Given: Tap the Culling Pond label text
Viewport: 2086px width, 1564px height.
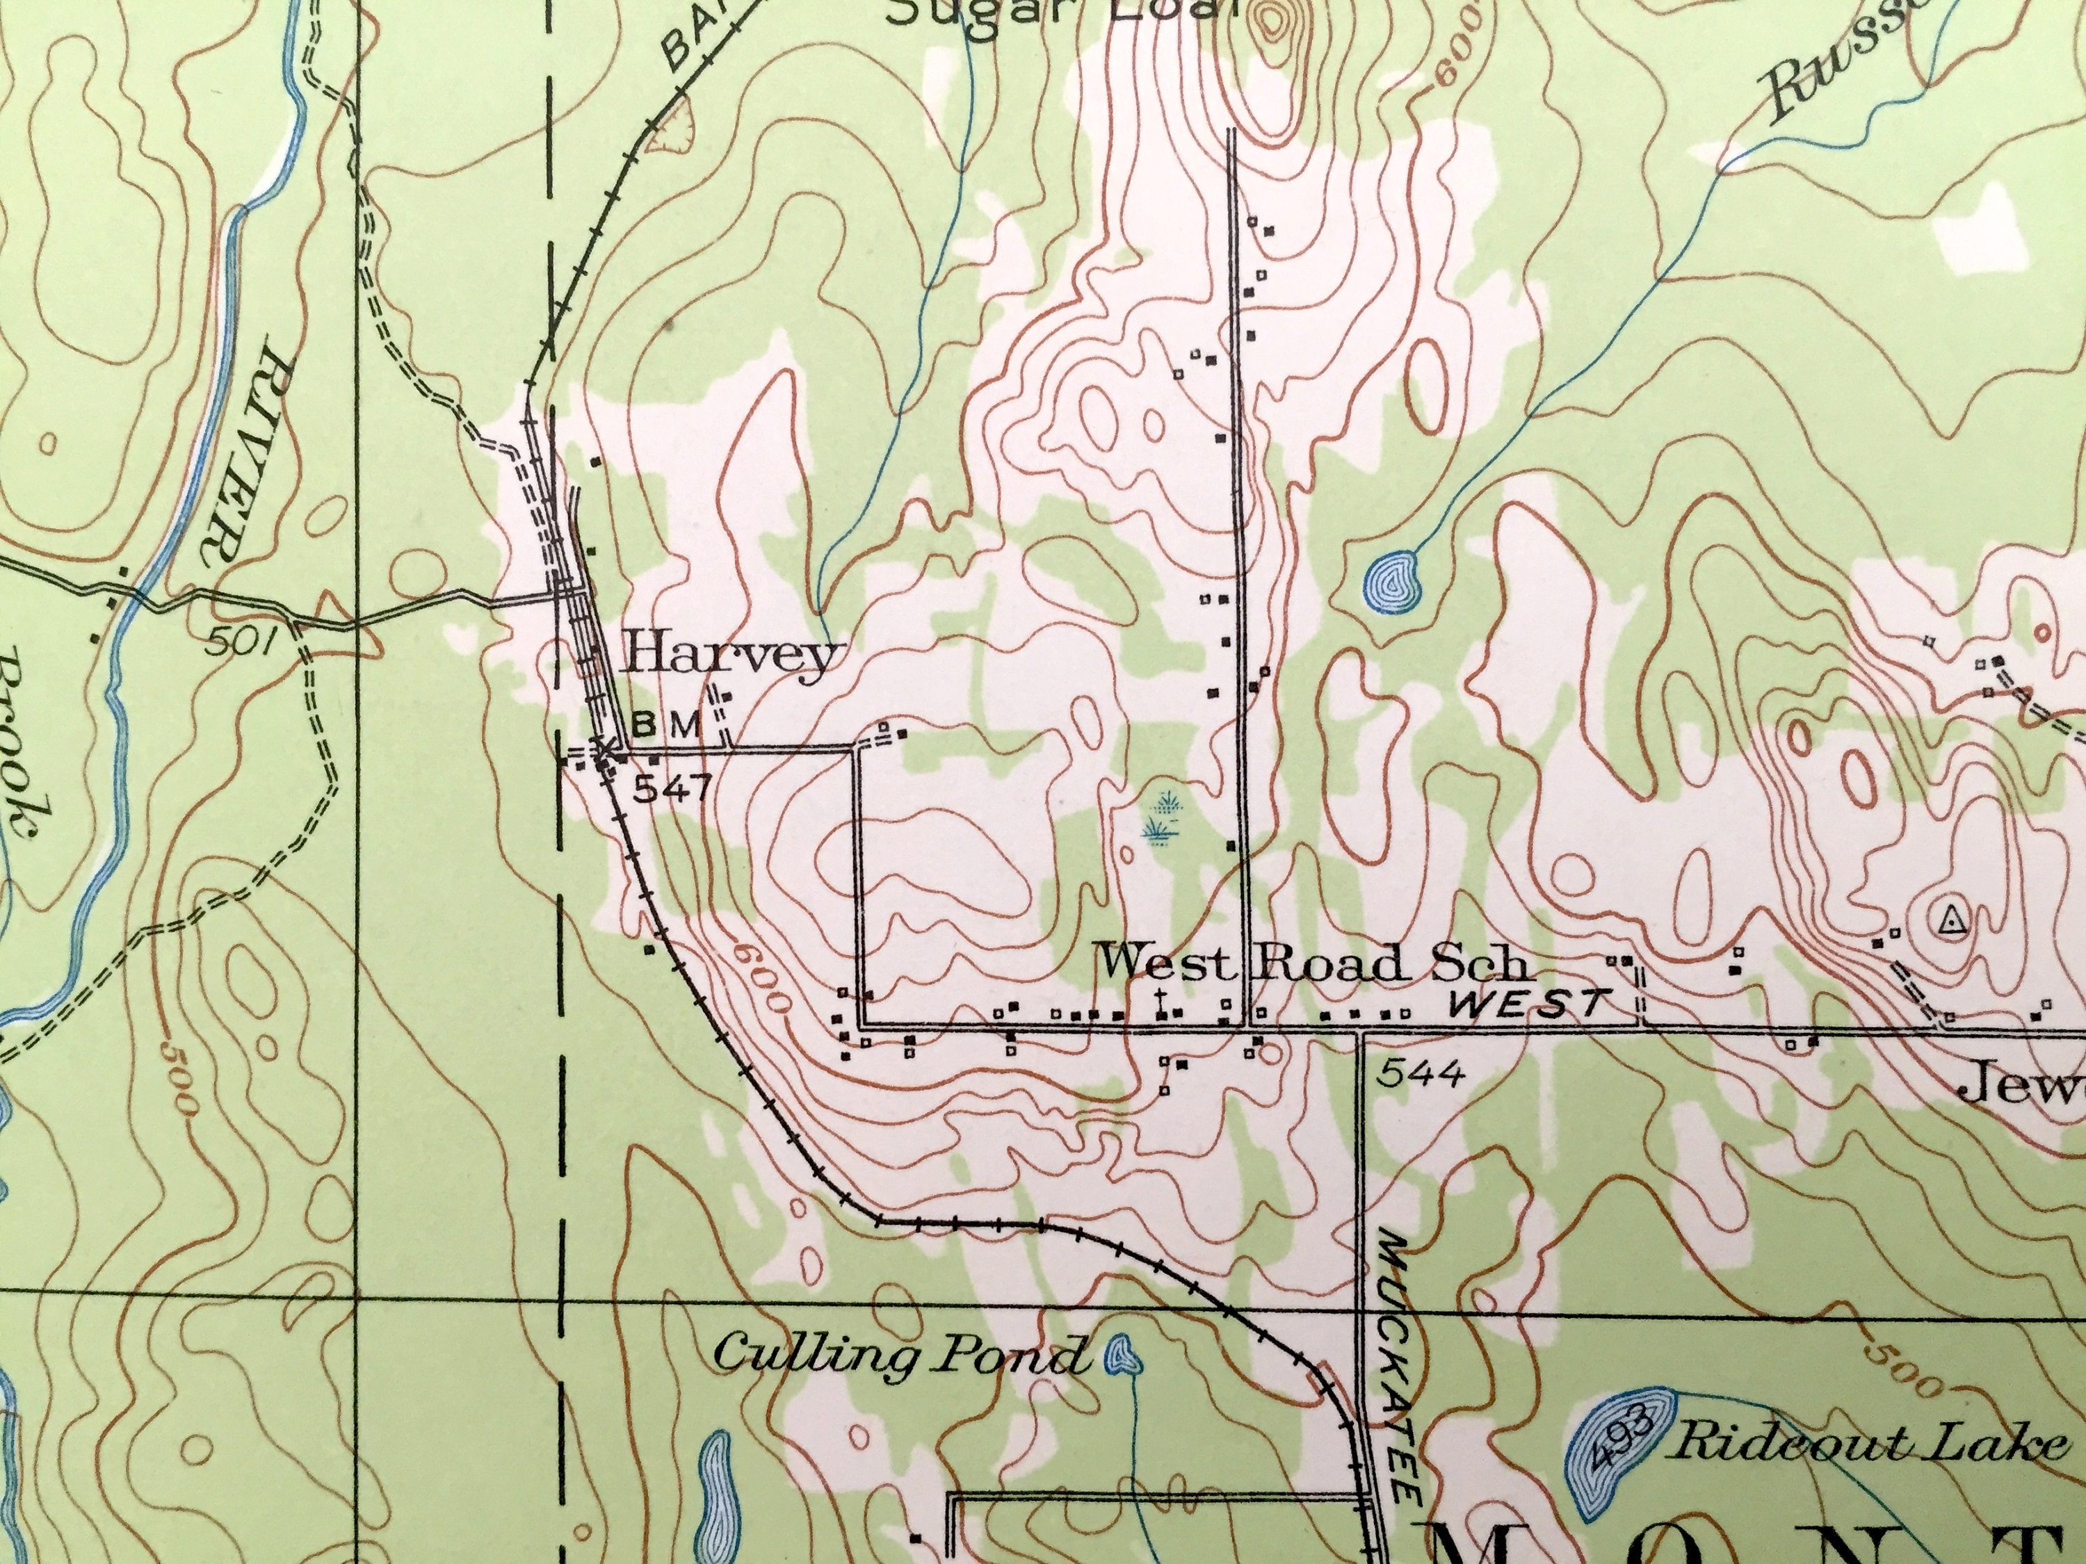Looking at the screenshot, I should [x=898, y=1358].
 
